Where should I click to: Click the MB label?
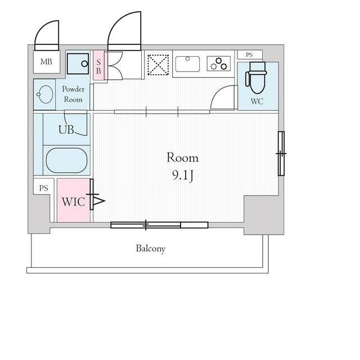(x=46, y=62)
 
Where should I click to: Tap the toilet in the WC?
(x=256, y=78)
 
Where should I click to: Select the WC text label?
(x=256, y=101)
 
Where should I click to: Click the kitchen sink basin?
(x=187, y=64)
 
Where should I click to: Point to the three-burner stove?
(x=219, y=64)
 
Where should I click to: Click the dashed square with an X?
(x=158, y=65)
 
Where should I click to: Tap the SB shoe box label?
(x=98, y=66)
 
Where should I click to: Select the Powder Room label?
(x=73, y=94)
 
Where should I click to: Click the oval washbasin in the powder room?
(x=44, y=94)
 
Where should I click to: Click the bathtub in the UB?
(x=66, y=160)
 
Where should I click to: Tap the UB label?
(x=66, y=130)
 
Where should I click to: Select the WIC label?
(x=73, y=202)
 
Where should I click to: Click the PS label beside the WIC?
(x=44, y=188)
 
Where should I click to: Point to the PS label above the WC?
(x=249, y=55)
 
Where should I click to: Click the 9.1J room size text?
(x=182, y=175)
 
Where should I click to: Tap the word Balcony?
(x=151, y=249)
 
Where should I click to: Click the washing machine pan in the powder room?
(x=78, y=64)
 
